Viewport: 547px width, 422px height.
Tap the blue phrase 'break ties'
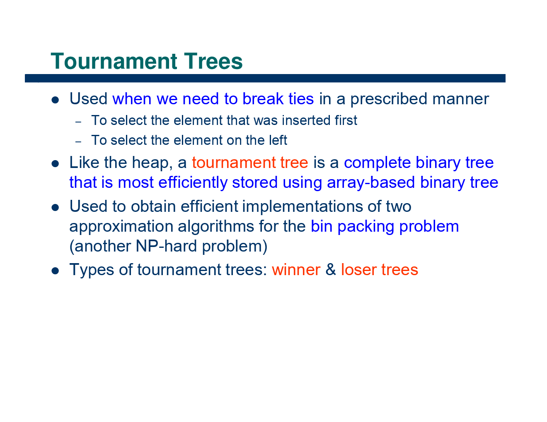tap(278, 99)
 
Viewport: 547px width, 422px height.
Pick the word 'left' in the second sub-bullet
tap(278, 141)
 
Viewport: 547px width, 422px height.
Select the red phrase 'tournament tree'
tap(250, 163)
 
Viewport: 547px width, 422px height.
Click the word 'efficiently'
tap(193, 182)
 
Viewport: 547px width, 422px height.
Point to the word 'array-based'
tap(371, 182)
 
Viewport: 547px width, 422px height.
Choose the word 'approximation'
tap(121, 227)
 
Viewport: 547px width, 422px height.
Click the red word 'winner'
tap(296, 270)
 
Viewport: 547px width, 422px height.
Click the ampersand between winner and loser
tap(331, 270)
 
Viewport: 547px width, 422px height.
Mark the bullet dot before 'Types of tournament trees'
tap(55, 271)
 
